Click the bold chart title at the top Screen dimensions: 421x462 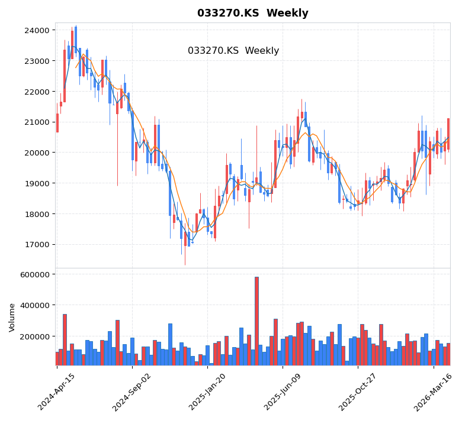(x=252, y=13)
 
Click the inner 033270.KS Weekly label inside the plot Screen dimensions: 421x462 (x=233, y=51)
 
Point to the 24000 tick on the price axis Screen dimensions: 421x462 (x=37, y=30)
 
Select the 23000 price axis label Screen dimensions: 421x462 (x=37, y=61)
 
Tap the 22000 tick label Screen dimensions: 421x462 (x=37, y=92)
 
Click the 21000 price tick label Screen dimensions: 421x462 (x=37, y=122)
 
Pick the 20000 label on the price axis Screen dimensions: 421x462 (x=37, y=153)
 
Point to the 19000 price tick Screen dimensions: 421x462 (x=37, y=183)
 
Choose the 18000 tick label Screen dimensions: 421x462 (x=37, y=214)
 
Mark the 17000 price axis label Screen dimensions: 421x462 (x=37, y=244)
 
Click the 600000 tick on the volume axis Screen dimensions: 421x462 (x=35, y=274)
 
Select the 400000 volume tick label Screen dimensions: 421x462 (x=35, y=305)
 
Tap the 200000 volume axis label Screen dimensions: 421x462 (x=35, y=336)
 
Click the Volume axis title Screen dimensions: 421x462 (x=12, y=318)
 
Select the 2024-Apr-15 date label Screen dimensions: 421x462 (x=57, y=391)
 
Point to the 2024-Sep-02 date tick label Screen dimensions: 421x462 (x=132, y=391)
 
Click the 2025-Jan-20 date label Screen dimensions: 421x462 (x=207, y=391)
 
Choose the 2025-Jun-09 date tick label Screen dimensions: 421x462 (x=283, y=391)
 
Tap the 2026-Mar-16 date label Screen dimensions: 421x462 (x=434, y=391)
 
